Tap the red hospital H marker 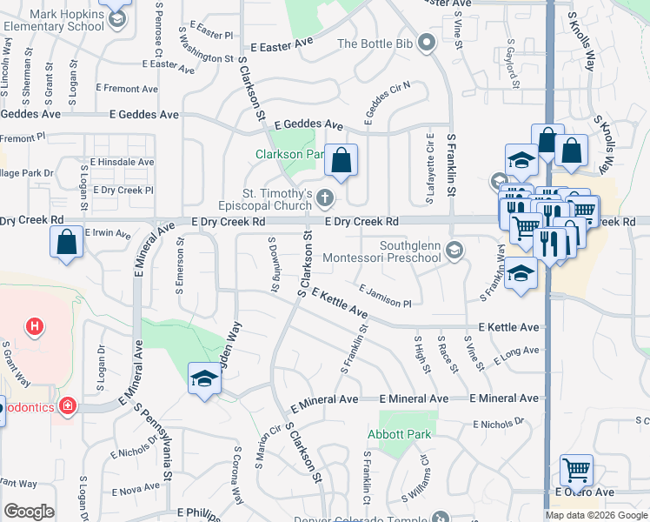(35, 327)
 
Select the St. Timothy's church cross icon (326, 198)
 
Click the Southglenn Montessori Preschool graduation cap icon (453, 251)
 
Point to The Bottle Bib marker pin (426, 43)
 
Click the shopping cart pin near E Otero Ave (576, 470)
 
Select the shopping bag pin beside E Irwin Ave (67, 244)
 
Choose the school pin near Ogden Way (204, 378)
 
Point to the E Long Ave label (516, 355)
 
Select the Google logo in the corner (29, 512)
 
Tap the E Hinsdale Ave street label (122, 162)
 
